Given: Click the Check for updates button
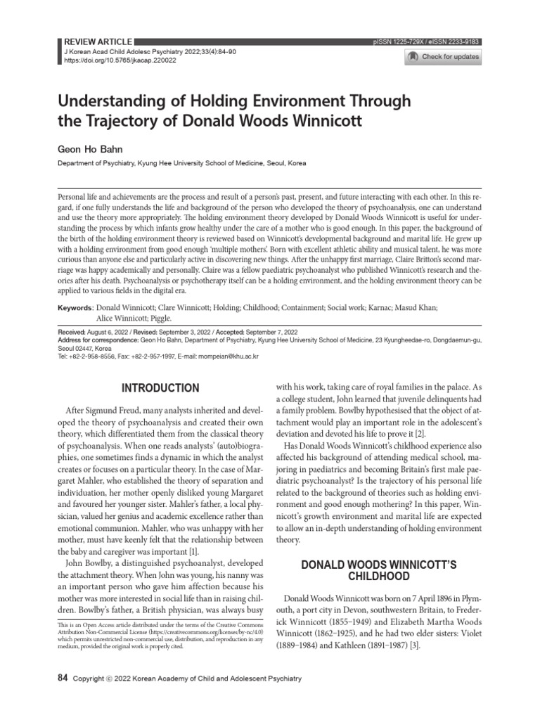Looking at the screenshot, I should [x=444, y=57].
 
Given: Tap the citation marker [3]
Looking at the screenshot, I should [x=414, y=646].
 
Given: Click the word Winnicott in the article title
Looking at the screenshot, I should [x=328, y=120].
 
